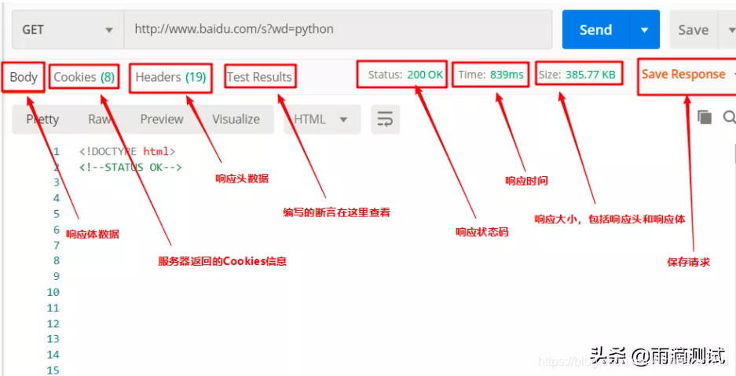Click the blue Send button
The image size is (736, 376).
tap(595, 30)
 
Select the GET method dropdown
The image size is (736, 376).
tap(68, 30)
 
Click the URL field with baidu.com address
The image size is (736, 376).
tap(338, 30)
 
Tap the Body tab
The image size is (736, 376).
tap(24, 77)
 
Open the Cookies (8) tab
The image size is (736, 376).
tap(84, 77)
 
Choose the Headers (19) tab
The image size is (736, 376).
tap(170, 77)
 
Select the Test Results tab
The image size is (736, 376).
tap(259, 77)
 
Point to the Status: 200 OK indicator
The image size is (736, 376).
tap(405, 75)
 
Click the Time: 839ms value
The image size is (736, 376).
tap(491, 75)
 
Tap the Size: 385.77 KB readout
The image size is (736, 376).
tap(577, 75)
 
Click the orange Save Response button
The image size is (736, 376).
tap(683, 75)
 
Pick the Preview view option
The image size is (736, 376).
tap(162, 120)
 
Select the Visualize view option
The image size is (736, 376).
tap(236, 120)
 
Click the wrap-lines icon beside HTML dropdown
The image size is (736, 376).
tap(385, 120)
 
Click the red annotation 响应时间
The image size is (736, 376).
tap(526, 181)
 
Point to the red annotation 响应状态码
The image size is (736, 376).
tap(482, 232)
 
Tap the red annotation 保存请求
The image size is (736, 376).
tap(688, 262)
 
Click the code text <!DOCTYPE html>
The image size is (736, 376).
tap(127, 151)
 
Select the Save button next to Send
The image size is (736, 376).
tap(693, 30)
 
